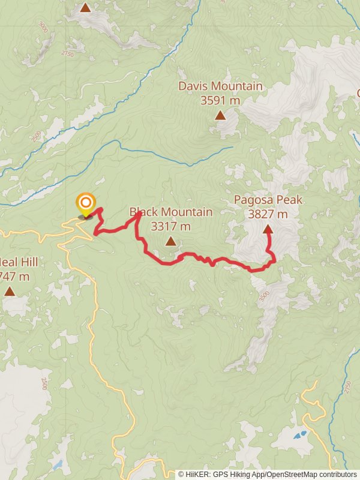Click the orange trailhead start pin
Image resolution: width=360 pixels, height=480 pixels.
[86, 203]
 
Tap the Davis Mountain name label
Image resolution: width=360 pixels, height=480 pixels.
[220, 86]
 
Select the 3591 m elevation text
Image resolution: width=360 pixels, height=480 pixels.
[220, 100]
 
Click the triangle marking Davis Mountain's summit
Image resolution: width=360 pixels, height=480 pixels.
[220, 115]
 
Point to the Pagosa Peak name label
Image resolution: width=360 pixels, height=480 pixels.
[268, 200]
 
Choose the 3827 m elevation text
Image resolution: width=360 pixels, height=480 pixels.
[268, 214]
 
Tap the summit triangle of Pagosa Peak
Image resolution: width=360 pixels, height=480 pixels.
[268, 229]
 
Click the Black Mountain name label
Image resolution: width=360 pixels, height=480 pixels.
[171, 212]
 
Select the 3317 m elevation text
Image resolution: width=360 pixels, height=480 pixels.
[171, 226]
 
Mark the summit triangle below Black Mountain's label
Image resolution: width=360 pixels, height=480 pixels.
[171, 241]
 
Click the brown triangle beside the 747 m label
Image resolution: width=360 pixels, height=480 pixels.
[10, 291]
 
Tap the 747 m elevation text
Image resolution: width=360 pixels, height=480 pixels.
[14, 277]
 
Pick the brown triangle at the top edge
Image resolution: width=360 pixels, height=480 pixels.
[86, 8]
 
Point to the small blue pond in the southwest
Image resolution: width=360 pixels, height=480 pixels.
[58, 464]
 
